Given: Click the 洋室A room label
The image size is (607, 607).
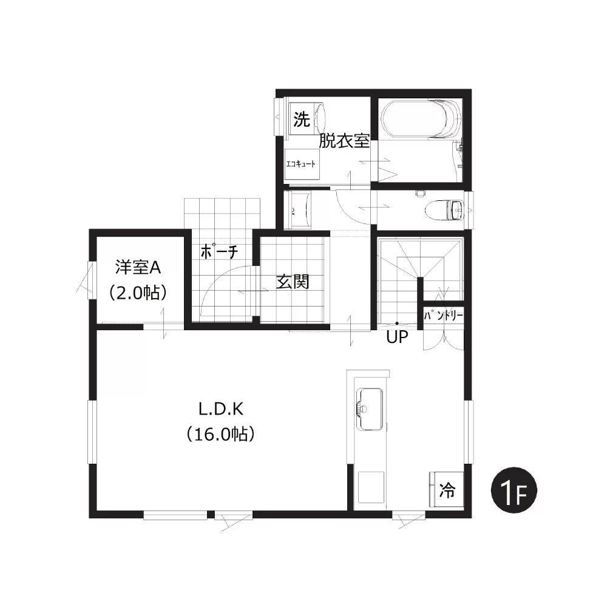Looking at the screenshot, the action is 138,268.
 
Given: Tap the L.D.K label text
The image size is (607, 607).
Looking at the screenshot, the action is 221,409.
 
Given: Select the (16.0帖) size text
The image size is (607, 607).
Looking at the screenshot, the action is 221,435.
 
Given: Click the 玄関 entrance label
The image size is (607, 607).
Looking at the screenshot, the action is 293,282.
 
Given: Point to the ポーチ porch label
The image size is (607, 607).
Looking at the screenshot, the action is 219,253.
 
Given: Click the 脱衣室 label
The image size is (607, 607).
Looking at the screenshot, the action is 344,141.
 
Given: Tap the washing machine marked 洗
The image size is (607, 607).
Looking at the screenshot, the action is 306,118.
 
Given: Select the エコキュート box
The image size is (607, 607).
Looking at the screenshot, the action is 301,164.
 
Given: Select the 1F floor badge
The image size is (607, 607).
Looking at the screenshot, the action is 514,490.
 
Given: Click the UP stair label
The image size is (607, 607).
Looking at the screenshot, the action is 397,337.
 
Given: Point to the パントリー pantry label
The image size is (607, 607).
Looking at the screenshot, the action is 443,316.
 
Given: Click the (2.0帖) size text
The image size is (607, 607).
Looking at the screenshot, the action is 138,293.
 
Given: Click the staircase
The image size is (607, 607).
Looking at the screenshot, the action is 420,280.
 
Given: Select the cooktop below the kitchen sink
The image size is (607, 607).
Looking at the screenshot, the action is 371,487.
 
